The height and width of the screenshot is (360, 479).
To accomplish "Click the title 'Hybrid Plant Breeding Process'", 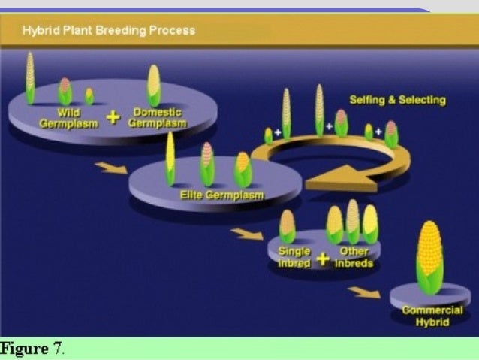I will [108, 31].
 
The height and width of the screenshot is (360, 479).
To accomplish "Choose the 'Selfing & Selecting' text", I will [397, 100].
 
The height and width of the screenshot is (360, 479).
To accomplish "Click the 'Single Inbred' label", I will [294, 257].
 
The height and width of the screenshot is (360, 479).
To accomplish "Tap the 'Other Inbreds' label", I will [354, 257].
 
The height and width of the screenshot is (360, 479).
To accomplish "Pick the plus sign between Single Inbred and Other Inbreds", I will [322, 259].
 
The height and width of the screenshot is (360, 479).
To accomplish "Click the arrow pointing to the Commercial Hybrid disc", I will [364, 292].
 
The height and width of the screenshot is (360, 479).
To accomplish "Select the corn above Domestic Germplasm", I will [153, 84].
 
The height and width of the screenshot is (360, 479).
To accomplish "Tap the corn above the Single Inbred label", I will [287, 226].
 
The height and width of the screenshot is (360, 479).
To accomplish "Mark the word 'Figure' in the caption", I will [26, 349].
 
